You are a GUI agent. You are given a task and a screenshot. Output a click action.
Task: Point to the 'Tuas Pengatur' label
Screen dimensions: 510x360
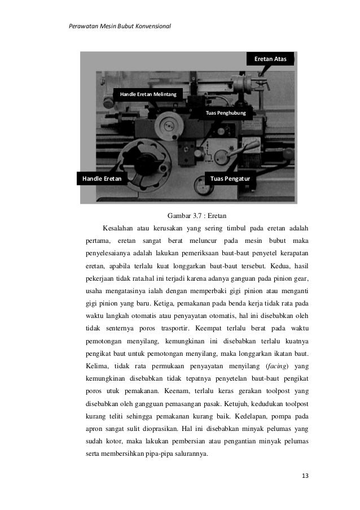(230, 178)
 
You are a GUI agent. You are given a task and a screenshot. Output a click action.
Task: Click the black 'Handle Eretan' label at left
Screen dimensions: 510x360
(102, 178)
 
